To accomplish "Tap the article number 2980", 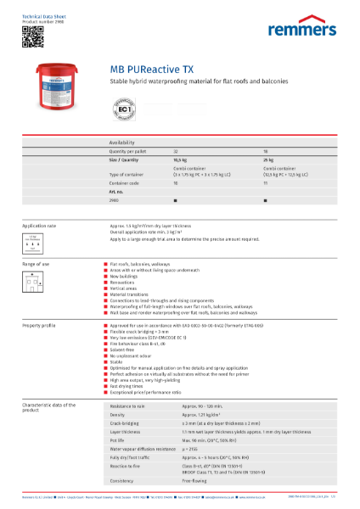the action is coord(114,199).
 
